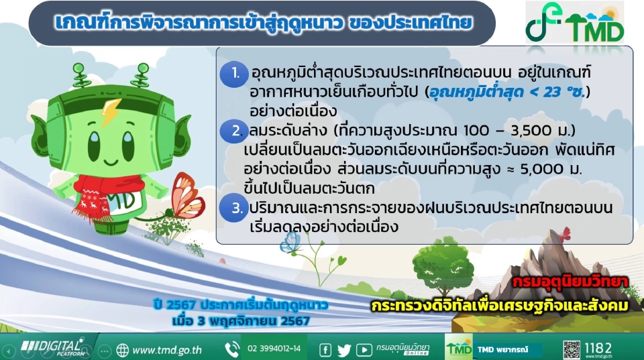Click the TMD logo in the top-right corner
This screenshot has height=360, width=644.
point(575,24)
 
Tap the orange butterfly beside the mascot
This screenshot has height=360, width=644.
point(186,195)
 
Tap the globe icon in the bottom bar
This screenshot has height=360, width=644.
point(122,349)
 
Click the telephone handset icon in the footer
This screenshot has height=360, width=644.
point(232,349)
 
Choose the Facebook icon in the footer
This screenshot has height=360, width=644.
point(325,349)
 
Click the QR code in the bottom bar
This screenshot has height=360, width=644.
point(571,349)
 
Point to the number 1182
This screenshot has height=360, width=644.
point(598,347)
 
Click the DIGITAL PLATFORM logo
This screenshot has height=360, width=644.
point(51,347)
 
